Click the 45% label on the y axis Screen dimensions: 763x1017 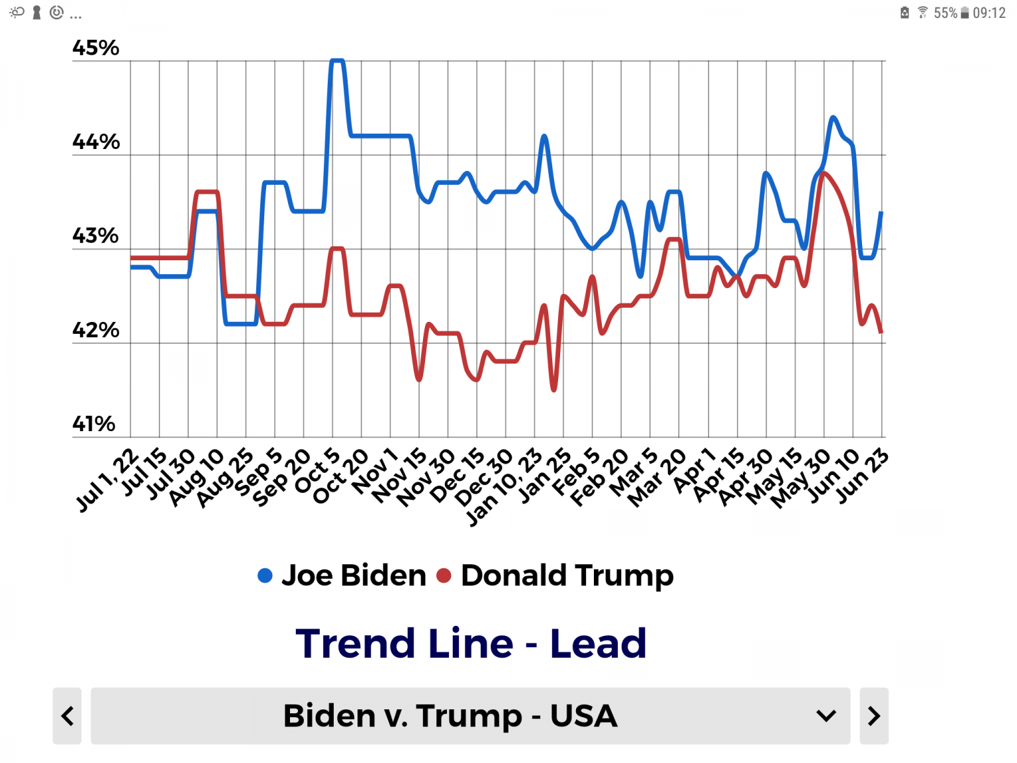click(x=96, y=48)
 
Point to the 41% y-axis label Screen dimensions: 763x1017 click(x=94, y=424)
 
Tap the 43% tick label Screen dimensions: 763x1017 click(x=96, y=236)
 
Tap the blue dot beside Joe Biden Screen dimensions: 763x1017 click(x=265, y=576)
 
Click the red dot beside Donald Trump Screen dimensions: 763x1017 click(x=444, y=576)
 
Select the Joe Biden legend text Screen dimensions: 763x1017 click(x=354, y=576)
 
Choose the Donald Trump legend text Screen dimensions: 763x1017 click(x=567, y=576)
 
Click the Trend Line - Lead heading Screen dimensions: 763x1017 click(x=471, y=643)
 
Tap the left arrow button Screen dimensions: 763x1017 click(x=67, y=716)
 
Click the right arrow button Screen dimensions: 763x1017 click(x=874, y=716)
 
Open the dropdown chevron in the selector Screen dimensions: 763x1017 click(x=826, y=716)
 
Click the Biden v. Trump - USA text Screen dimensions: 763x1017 click(x=450, y=716)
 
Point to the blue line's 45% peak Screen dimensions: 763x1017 click(x=337, y=61)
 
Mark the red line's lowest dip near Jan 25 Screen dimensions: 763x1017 click(x=554, y=389)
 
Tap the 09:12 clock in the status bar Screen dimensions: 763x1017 click(x=989, y=13)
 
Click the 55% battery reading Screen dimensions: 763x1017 click(x=945, y=13)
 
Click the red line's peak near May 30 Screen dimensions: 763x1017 click(x=823, y=173)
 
